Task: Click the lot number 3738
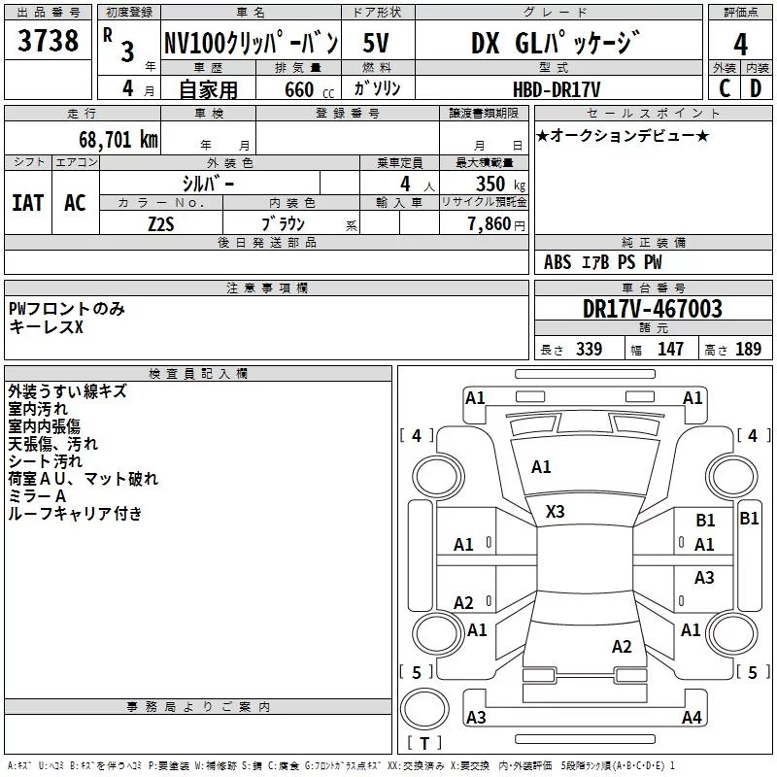48,40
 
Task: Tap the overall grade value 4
740,44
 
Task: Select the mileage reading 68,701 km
118,140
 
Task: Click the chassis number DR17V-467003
653,309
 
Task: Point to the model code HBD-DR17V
557,89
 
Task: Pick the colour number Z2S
161,224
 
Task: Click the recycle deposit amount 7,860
490,224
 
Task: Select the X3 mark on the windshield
555,512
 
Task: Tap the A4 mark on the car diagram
692,717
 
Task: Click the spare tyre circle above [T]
424,709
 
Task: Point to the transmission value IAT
28,203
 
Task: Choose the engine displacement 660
299,89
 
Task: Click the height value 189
748,349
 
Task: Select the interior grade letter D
756,88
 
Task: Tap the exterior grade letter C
725,88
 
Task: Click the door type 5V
376,43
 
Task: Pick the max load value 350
490,184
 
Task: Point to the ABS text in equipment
557,262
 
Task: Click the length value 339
590,349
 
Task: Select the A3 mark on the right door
704,577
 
